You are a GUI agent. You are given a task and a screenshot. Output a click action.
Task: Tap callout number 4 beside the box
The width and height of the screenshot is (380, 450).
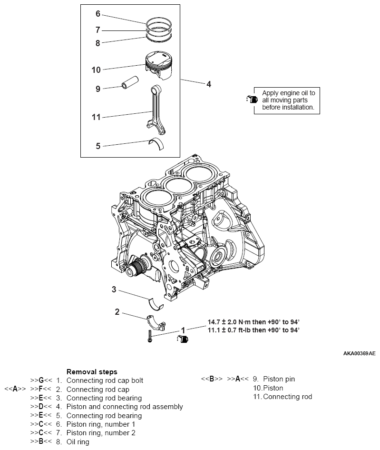click(208, 84)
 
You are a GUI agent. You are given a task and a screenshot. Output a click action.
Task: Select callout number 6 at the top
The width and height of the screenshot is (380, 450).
click(98, 14)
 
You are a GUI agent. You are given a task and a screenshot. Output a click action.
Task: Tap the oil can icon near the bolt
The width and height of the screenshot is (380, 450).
click(183, 339)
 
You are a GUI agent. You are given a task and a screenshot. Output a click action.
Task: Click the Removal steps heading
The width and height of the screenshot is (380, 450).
click(92, 371)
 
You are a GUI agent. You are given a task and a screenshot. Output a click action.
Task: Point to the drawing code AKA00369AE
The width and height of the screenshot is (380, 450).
click(359, 354)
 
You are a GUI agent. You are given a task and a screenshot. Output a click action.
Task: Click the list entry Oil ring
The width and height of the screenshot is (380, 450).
click(78, 442)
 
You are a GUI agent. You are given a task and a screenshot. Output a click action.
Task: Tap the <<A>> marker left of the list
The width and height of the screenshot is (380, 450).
click(15, 389)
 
